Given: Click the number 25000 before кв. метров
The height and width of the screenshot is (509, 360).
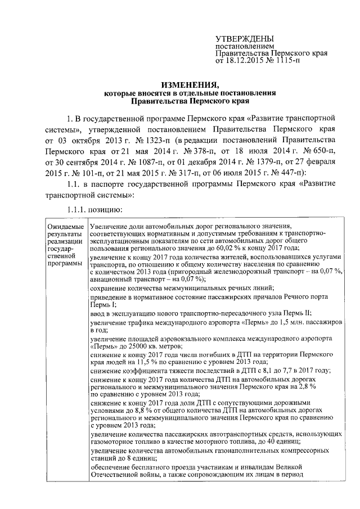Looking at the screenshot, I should [x=129, y=348].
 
